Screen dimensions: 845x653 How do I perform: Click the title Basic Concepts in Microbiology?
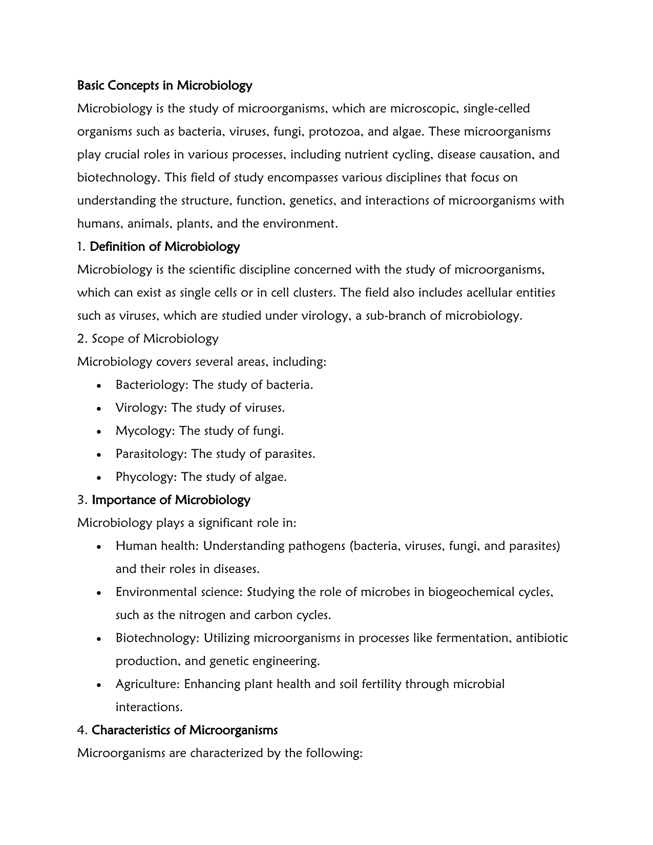164,86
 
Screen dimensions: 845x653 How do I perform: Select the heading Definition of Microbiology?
164,247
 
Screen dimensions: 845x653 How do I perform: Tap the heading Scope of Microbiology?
155,339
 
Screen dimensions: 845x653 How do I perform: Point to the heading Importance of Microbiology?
171,500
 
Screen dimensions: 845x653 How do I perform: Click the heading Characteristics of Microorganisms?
184,730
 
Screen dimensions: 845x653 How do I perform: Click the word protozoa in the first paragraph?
333,132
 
